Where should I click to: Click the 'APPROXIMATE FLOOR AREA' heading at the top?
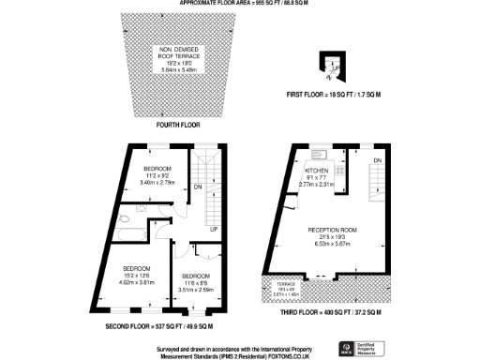point(239,4)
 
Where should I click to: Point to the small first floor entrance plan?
point(333,64)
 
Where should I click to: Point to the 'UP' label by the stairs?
point(214,229)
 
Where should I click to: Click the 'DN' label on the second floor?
point(198,187)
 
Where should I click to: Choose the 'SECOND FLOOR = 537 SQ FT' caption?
point(165,325)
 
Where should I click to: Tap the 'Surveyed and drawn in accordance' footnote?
point(239,343)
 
